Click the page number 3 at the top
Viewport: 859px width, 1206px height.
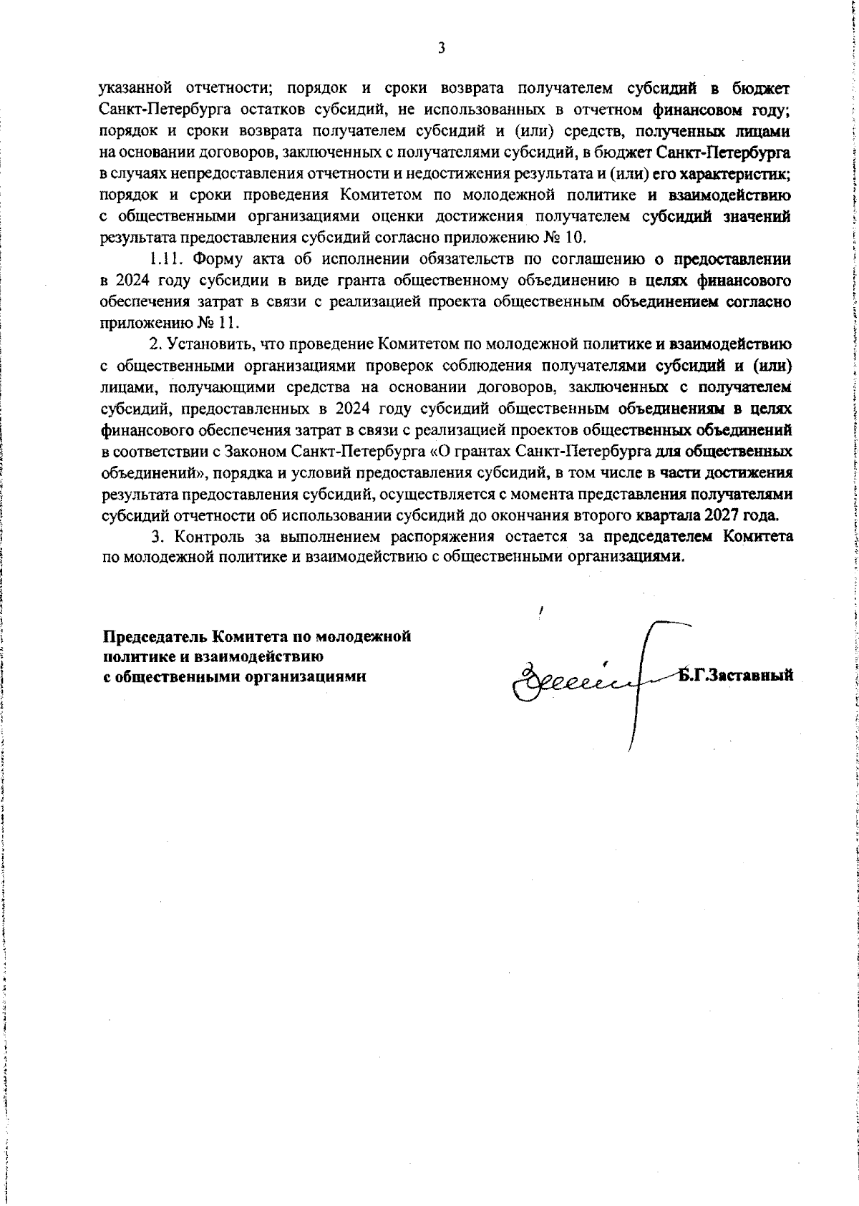(x=441, y=48)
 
